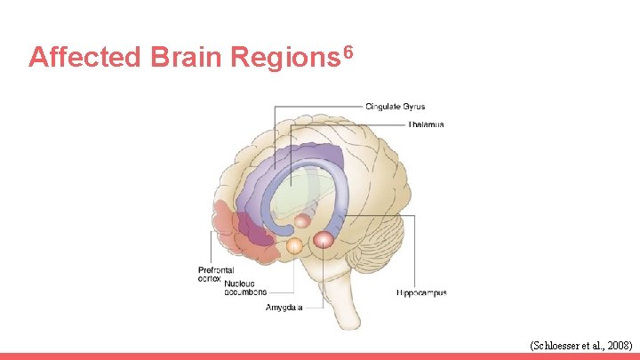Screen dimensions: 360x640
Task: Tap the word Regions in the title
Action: pos(283,58)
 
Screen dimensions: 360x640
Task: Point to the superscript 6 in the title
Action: pos(348,51)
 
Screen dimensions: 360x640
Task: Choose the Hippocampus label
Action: pos(420,292)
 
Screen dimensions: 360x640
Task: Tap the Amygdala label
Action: pos(284,308)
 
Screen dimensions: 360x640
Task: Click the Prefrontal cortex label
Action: pos(215,274)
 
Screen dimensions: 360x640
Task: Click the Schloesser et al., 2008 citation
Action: pos(580,344)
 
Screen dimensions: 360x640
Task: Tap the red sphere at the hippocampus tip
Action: pos(323,238)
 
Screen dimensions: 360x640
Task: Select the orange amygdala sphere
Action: pos(293,244)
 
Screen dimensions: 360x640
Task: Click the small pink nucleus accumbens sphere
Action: pos(302,220)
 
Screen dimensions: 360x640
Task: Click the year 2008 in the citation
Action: pos(617,344)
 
